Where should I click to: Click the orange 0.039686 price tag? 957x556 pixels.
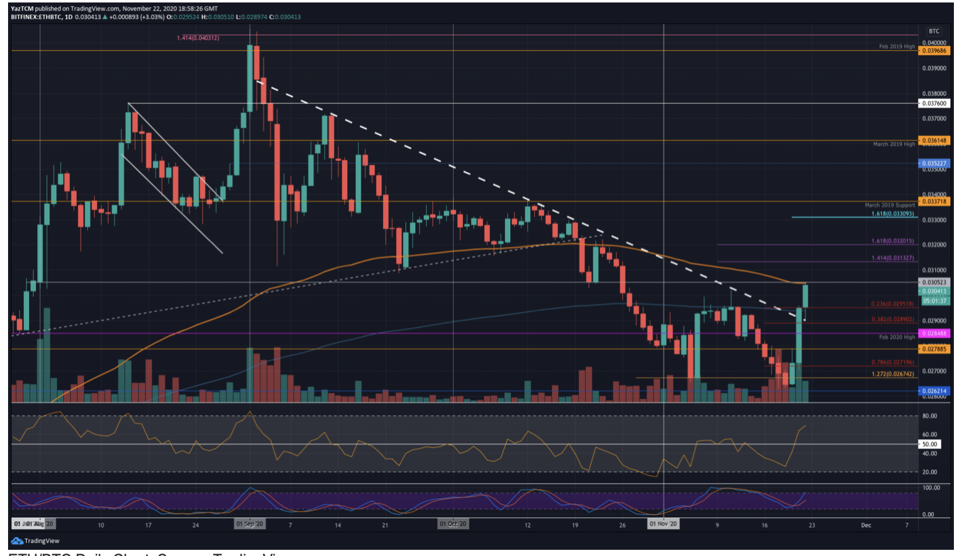click(x=934, y=51)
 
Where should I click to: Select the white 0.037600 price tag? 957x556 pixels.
click(x=934, y=103)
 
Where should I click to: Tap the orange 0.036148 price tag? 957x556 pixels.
click(x=934, y=141)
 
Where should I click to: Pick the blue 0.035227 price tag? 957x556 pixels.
click(x=934, y=163)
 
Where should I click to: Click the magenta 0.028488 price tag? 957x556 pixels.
click(x=934, y=333)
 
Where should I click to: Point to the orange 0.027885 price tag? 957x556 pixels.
click(x=934, y=349)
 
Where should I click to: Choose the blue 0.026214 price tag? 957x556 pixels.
click(x=934, y=391)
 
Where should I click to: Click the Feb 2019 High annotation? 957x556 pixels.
click(x=896, y=46)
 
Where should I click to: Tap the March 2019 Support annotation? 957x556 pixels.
click(x=889, y=205)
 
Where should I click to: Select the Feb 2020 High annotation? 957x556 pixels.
click(x=896, y=337)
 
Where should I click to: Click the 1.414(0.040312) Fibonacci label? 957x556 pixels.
click(x=198, y=38)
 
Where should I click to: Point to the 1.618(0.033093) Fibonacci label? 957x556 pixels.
click(x=892, y=214)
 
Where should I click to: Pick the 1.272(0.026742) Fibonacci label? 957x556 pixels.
click(x=892, y=374)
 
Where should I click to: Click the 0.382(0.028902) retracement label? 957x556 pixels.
click(x=892, y=319)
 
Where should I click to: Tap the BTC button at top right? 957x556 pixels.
click(x=933, y=31)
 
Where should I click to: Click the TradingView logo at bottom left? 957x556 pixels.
click(x=35, y=541)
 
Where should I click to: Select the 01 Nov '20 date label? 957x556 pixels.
click(x=663, y=524)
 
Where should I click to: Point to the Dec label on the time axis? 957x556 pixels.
click(x=866, y=525)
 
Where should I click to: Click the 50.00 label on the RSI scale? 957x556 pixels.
click(x=929, y=444)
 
